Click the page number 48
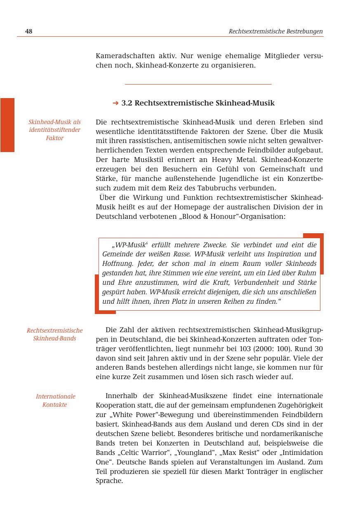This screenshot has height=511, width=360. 29,31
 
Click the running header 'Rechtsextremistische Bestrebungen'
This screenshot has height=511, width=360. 275,31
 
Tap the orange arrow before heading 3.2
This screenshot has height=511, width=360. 115,103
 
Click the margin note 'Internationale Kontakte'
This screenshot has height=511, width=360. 55,400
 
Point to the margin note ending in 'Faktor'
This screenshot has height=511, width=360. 54,130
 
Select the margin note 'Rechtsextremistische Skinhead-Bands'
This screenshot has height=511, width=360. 54,334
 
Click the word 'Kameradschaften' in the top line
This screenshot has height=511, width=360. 123,56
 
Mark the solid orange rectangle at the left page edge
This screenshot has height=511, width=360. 7,125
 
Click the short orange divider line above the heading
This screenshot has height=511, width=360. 198,84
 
